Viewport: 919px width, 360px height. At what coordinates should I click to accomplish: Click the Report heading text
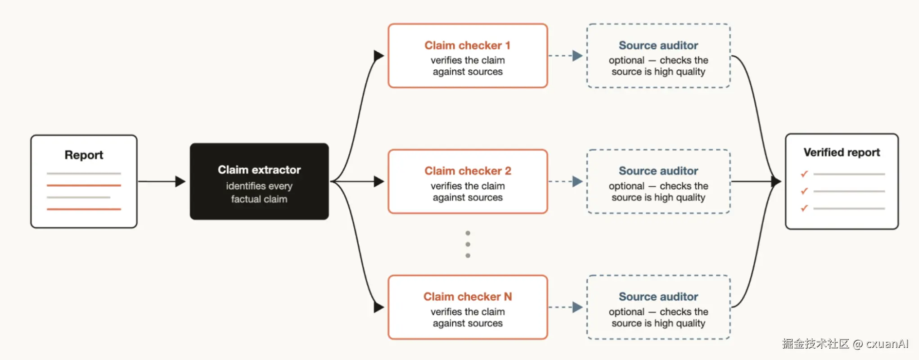(x=84, y=155)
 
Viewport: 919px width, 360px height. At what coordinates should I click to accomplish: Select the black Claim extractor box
(x=259, y=181)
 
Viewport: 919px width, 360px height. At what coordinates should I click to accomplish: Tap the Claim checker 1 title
(x=468, y=45)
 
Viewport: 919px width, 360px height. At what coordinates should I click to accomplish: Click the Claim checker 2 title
(x=468, y=171)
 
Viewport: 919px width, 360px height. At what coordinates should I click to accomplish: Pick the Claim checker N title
(x=468, y=297)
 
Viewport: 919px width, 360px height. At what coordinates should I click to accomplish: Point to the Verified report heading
(x=842, y=153)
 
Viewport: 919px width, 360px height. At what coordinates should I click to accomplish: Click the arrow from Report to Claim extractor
(x=162, y=181)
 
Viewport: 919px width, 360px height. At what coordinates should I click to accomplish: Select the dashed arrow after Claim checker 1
(x=566, y=56)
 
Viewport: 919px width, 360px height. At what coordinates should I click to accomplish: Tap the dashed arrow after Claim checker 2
(x=566, y=181)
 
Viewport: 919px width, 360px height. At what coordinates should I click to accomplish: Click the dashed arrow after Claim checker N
(x=566, y=307)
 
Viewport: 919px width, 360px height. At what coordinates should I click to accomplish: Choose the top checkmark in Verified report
(x=804, y=174)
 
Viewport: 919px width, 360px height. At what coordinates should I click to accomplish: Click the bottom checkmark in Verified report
(x=804, y=208)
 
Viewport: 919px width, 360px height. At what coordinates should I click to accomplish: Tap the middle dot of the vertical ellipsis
(x=468, y=244)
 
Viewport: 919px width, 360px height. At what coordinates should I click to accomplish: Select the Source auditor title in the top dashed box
(x=658, y=45)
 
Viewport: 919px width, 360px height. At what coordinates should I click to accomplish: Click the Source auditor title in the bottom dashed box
(x=658, y=297)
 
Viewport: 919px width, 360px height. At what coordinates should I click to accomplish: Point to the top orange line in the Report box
(x=84, y=185)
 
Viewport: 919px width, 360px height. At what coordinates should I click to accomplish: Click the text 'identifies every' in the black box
(x=259, y=186)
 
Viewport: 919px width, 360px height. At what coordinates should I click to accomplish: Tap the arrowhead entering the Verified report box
(x=776, y=181)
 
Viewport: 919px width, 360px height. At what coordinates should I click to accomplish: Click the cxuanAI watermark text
(x=887, y=344)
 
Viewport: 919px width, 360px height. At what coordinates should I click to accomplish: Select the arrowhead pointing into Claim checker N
(x=379, y=307)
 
